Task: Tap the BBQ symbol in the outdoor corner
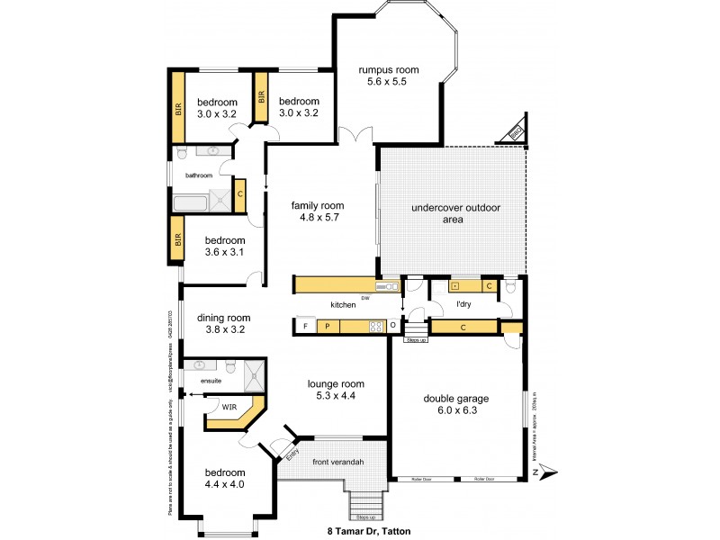coord(516,132)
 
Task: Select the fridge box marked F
coord(306,325)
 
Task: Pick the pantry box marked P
coord(328,325)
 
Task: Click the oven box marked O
coord(393,325)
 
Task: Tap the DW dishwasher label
coord(365,298)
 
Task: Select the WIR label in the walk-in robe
coord(229,407)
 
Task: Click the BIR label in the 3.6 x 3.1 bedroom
coord(178,240)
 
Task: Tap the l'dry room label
coord(463,304)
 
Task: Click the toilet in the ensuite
coord(231,367)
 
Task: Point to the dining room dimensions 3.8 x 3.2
coord(224,329)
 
